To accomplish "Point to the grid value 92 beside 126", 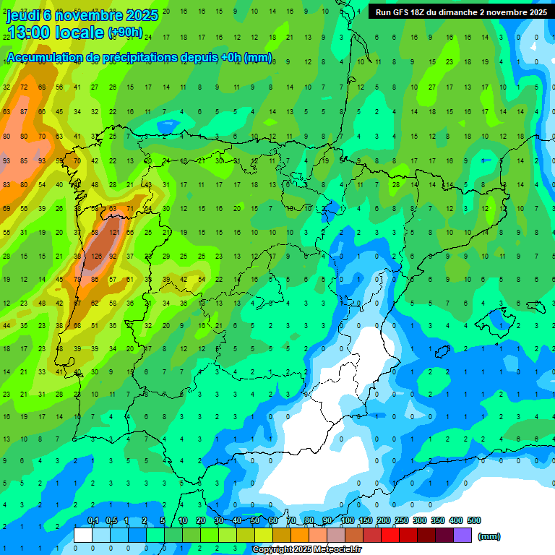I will (x=113, y=256).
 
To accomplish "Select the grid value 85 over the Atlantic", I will (x=24, y=160).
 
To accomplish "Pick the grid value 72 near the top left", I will (x=24, y=87).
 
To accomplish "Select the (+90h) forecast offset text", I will (x=125, y=33).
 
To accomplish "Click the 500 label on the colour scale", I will (x=473, y=520).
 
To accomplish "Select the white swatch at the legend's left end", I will (x=83, y=535).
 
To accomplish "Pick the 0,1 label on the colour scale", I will (x=92, y=520).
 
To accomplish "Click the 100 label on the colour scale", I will (x=348, y=520).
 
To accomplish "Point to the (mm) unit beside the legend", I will (x=489, y=536).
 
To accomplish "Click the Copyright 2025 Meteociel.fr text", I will (x=306, y=550).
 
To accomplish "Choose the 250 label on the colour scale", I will (x=401, y=520).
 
